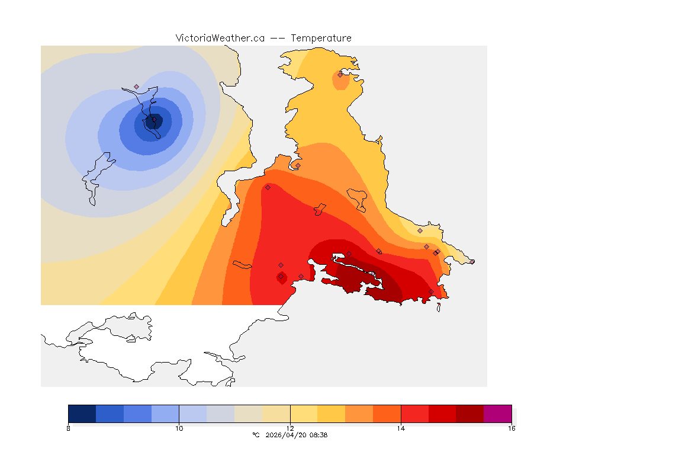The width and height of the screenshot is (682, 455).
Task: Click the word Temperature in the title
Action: (x=321, y=38)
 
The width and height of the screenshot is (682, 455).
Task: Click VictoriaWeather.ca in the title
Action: (x=220, y=38)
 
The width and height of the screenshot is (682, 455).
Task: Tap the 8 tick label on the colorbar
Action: (x=69, y=428)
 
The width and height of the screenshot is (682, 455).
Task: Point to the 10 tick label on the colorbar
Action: (x=179, y=428)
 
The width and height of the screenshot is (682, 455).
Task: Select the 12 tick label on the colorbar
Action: (x=290, y=428)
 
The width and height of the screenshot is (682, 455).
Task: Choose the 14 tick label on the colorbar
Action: (x=401, y=428)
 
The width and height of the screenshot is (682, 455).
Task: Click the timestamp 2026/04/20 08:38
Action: (x=295, y=435)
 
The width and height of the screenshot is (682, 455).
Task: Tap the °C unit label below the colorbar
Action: (x=256, y=435)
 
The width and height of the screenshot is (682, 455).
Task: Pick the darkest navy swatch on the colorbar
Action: (x=82, y=414)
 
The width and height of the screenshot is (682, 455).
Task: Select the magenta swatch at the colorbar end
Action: (x=497, y=414)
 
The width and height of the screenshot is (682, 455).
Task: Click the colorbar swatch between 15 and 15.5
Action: (x=469, y=414)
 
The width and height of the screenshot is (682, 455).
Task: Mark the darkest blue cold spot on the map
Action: (x=152, y=121)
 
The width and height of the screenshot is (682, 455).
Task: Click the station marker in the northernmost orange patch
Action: (x=340, y=75)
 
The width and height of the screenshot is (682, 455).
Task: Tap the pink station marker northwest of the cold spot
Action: (x=136, y=86)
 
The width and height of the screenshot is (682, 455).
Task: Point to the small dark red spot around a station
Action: (x=281, y=276)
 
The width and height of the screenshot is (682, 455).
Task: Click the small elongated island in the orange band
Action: (x=243, y=264)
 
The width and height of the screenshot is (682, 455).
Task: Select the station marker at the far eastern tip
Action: (x=472, y=261)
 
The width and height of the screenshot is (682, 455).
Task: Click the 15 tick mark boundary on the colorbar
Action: (x=456, y=414)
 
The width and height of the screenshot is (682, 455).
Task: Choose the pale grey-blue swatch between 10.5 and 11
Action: (x=221, y=414)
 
